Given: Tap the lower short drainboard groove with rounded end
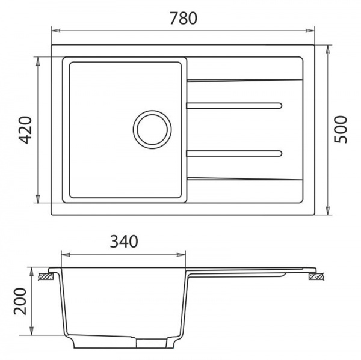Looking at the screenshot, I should (x=234, y=153).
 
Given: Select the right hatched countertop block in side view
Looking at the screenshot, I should (x=316, y=276).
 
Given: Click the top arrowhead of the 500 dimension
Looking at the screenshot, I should (x=327, y=49).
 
